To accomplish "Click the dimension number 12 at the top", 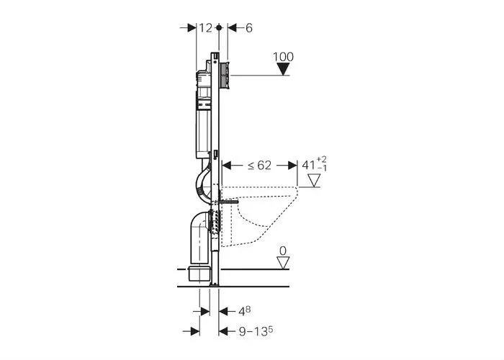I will (205, 27).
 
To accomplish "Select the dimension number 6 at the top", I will (248, 27).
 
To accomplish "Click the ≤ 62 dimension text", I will (260, 165).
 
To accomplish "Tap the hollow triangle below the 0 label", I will (283, 263).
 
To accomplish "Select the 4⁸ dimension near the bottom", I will (246, 311).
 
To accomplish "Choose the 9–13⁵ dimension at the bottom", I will (256, 331).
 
